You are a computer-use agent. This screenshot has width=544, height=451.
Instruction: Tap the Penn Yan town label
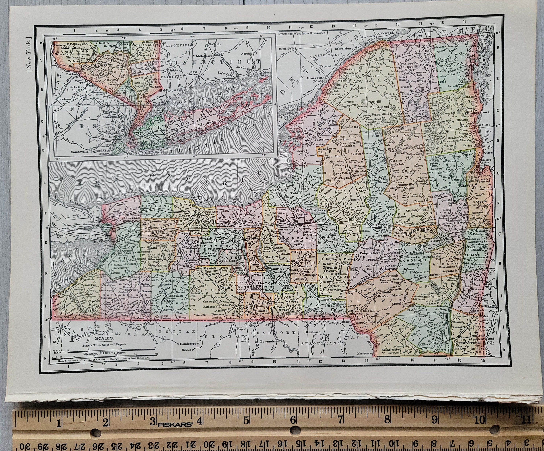(227, 261)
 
